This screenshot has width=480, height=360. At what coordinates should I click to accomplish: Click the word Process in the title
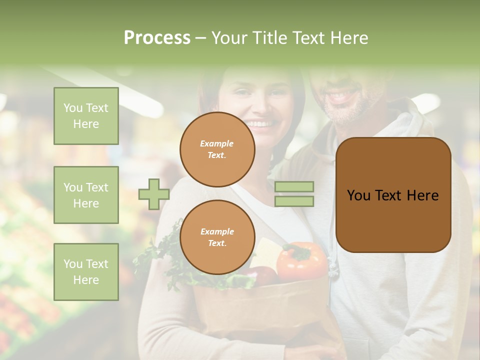[x=157, y=38]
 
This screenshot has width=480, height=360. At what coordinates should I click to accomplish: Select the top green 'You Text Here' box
[x=86, y=116]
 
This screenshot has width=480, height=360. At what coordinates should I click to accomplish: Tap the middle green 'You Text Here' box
[x=86, y=195]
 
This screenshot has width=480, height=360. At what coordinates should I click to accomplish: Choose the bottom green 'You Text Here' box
[x=86, y=271]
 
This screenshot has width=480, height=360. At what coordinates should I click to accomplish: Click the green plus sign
[x=154, y=194]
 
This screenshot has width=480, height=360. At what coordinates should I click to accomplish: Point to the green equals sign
[x=294, y=194]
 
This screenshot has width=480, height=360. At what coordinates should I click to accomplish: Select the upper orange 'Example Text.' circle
[x=217, y=149]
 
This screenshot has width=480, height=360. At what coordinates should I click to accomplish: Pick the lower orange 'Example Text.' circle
[x=217, y=237]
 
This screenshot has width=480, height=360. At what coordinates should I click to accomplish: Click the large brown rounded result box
[x=393, y=195]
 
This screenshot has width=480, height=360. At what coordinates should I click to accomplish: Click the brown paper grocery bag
[x=260, y=310]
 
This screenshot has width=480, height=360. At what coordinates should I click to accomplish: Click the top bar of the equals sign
[x=294, y=187]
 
